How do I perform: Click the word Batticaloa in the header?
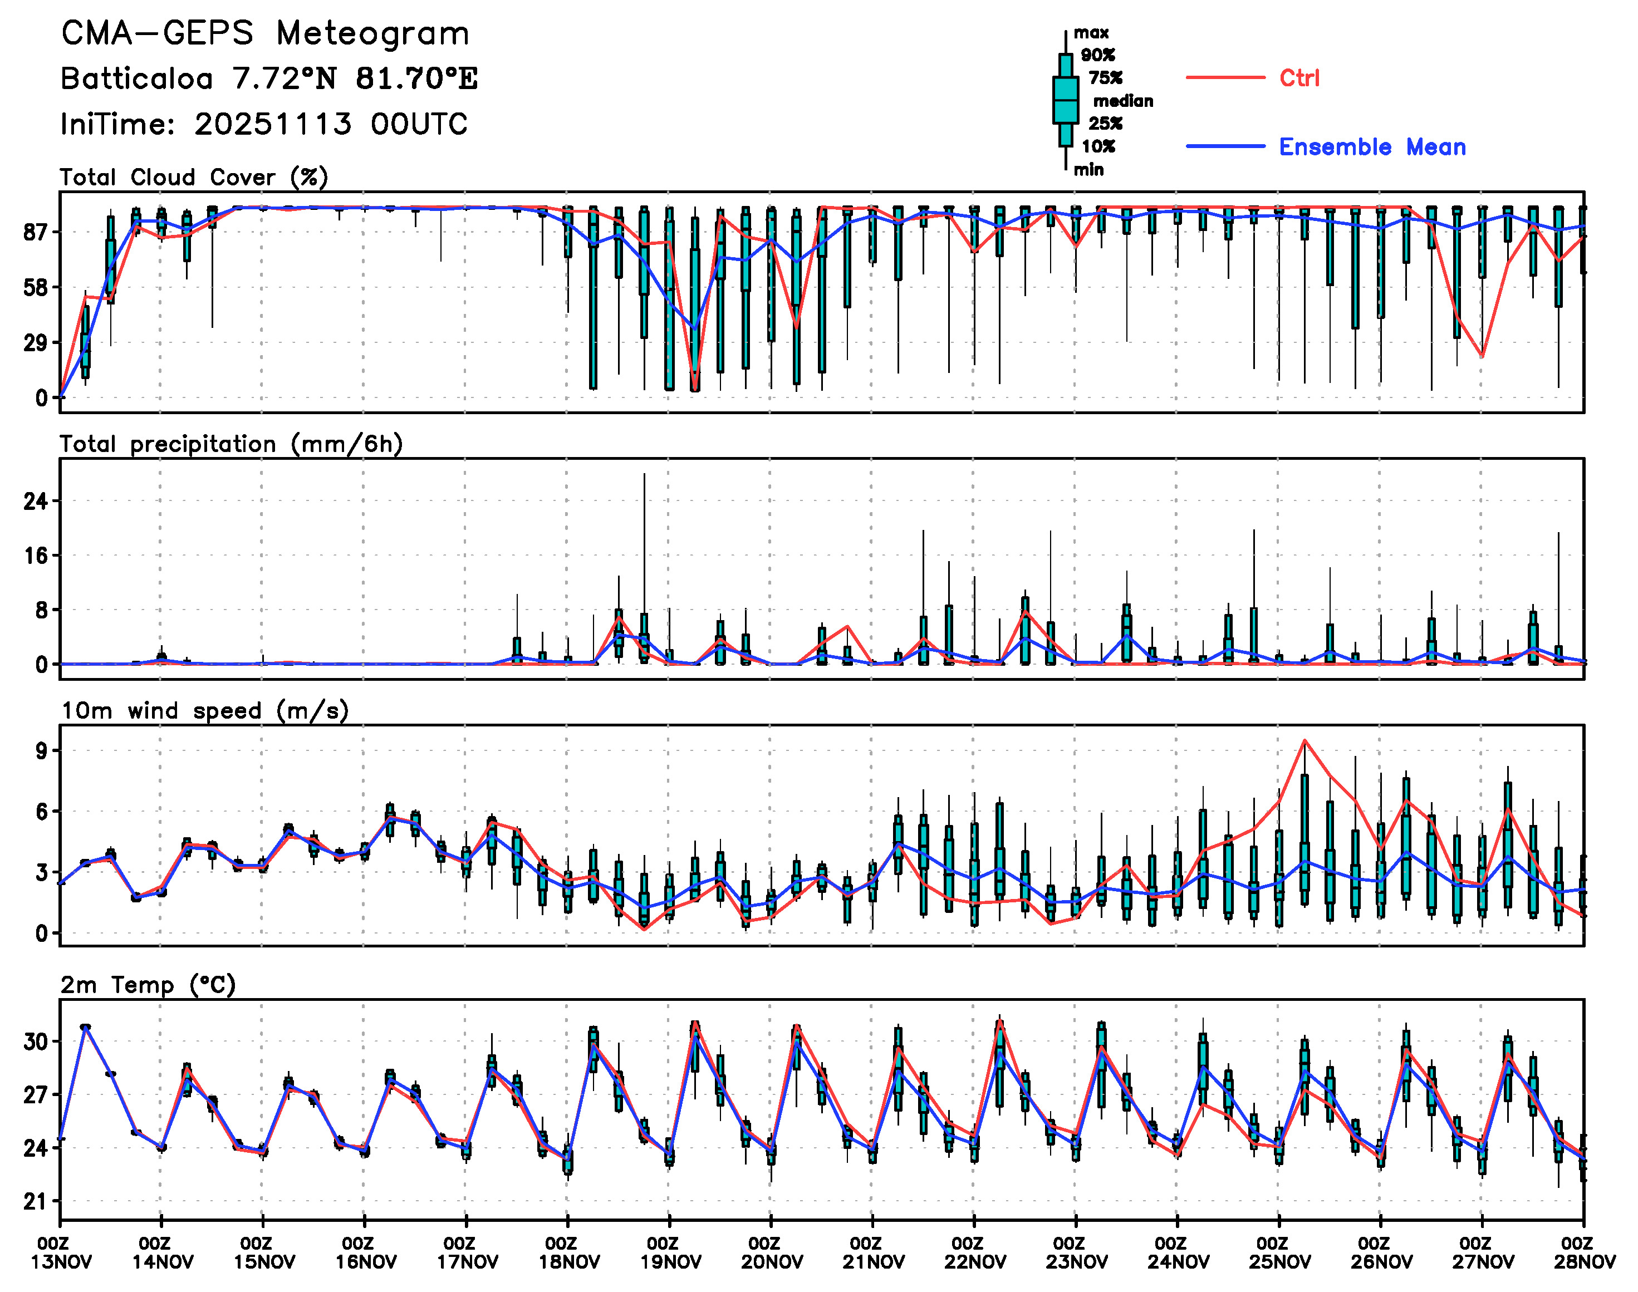click(136, 78)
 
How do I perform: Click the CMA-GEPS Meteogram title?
click(265, 33)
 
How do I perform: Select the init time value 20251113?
click(272, 124)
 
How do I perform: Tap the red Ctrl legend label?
click(1299, 78)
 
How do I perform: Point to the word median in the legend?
click(1123, 101)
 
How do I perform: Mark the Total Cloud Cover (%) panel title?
click(194, 177)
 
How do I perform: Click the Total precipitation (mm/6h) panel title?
click(231, 444)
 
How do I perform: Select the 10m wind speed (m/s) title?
click(204, 711)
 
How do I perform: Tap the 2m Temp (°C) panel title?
click(148, 985)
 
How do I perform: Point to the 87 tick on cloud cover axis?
click(36, 232)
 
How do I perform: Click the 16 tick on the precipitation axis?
click(36, 556)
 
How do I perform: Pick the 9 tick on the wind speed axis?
click(41, 750)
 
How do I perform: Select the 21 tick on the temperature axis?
click(36, 1201)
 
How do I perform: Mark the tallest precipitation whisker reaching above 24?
click(644, 475)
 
